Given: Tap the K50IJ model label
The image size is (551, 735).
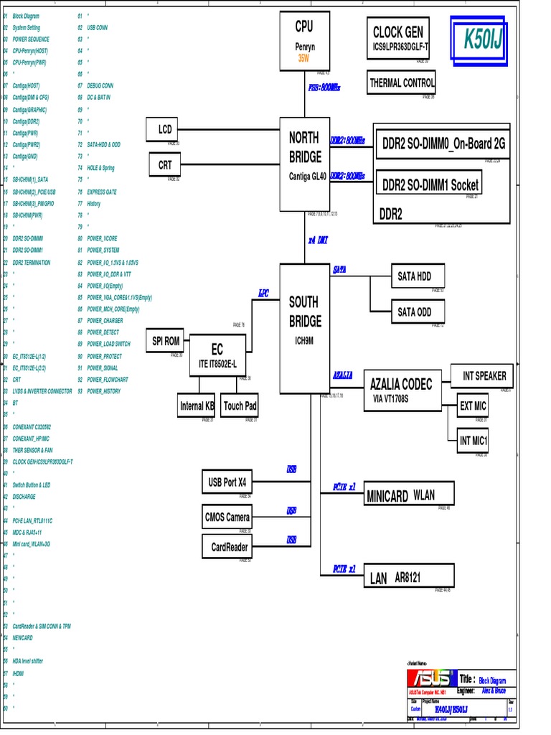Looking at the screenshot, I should pos(484,39).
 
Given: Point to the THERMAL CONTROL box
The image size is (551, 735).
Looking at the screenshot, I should pos(402,83).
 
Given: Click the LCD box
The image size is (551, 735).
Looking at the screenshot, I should pos(165,129).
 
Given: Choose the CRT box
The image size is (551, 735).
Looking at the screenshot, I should pos(165,165).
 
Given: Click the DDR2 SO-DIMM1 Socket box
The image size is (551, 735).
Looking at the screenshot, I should pos(429,184).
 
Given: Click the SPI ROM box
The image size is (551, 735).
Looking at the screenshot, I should pos(166,341).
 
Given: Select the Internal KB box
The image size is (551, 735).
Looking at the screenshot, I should pos(197,406).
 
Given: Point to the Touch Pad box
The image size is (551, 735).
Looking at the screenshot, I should pos(240,406).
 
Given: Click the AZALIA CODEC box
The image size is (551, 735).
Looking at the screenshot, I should pos(401,390).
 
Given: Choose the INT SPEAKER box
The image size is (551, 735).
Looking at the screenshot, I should pos(484,375).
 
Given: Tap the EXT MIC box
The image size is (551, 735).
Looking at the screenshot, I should pos(473,406).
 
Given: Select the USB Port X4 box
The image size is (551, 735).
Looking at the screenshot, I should pos(227,481).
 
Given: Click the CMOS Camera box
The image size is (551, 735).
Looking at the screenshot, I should pos(227,517).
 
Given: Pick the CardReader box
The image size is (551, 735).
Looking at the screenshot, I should pos(229,547).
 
